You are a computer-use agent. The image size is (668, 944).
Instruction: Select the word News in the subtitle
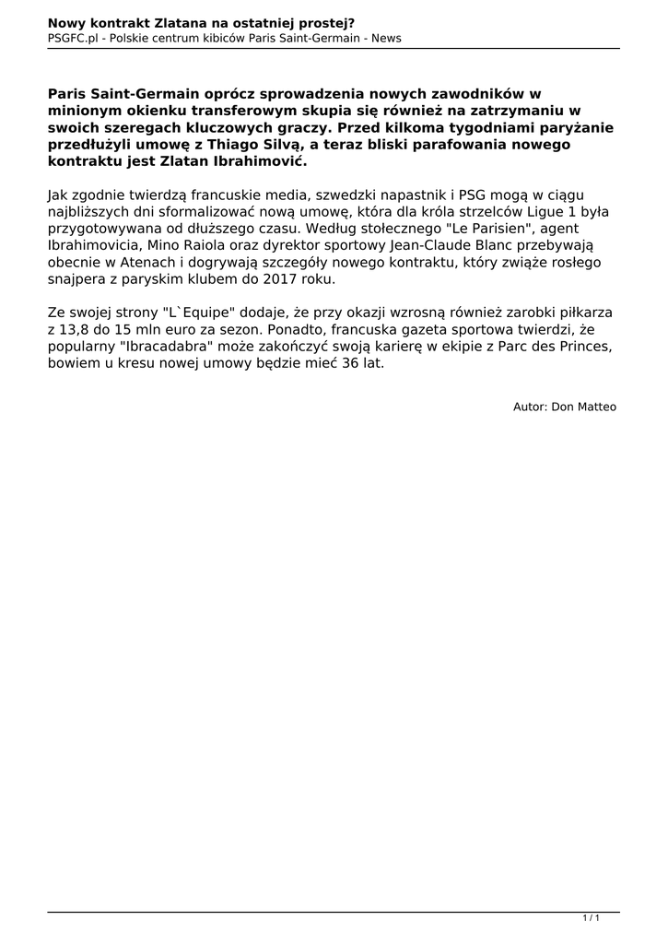coord(386,38)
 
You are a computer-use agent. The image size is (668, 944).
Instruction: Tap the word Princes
coord(583,348)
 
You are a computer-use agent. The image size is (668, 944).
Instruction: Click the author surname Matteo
coord(596,407)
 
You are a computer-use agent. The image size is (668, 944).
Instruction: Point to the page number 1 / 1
coord(592,917)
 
